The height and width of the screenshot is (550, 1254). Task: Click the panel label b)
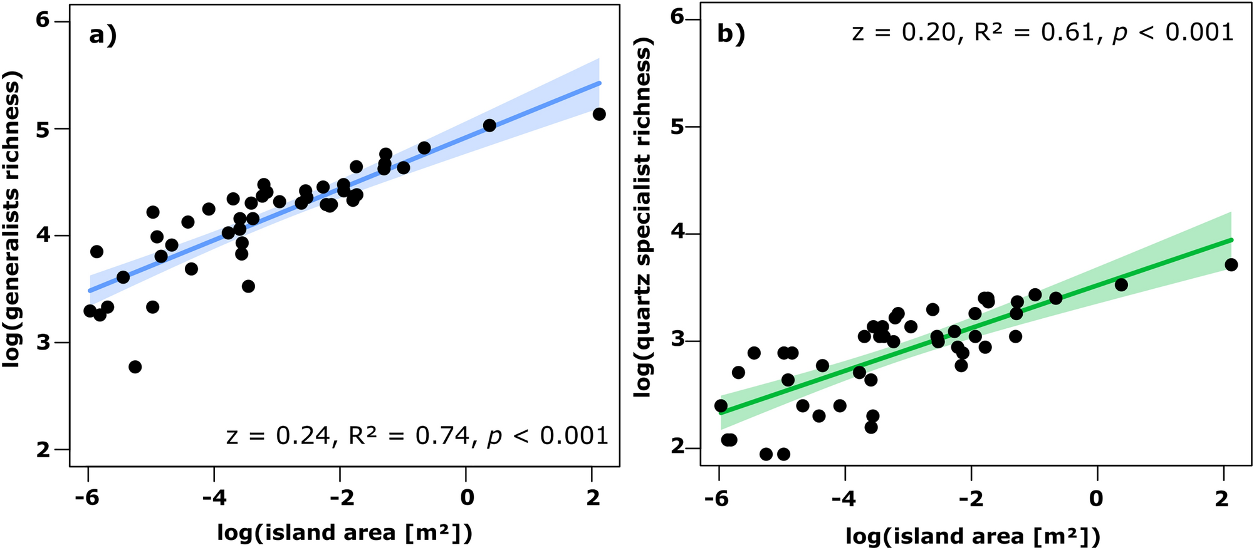(x=731, y=34)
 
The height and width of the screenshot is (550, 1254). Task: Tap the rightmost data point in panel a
(x=598, y=114)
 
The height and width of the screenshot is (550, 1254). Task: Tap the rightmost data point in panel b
(x=1231, y=265)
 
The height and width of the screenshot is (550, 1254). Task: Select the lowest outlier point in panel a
(x=135, y=367)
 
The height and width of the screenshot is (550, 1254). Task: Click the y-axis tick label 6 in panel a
(x=42, y=21)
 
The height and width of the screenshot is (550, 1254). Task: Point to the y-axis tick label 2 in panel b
(x=676, y=448)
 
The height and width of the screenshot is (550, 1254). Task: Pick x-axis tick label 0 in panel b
(x=1095, y=499)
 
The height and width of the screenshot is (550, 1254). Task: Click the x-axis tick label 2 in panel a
(x=592, y=498)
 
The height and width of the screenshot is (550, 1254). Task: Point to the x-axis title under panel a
(x=345, y=532)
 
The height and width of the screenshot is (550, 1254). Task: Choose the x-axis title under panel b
(x=973, y=536)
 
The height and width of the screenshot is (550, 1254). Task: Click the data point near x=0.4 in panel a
(x=489, y=125)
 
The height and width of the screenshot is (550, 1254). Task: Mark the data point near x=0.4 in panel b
(x=1121, y=285)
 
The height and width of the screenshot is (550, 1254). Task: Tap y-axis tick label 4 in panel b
(x=676, y=234)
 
